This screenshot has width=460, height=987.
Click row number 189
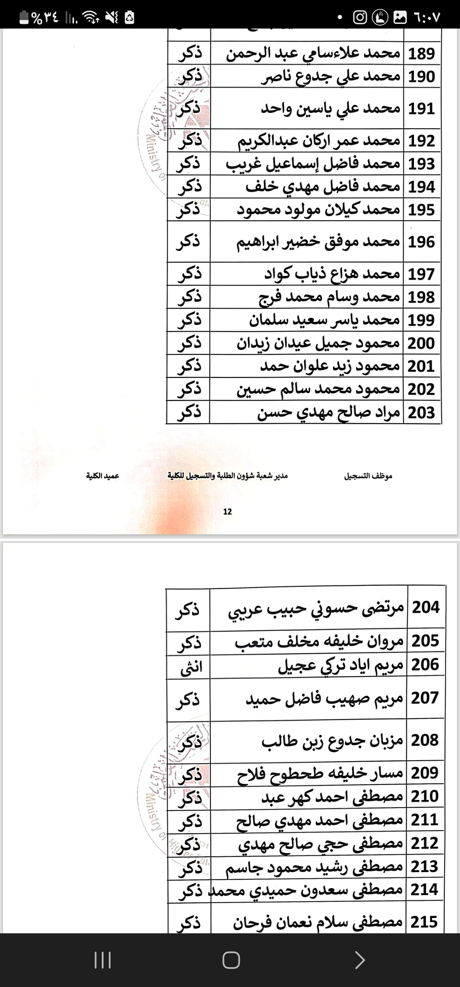point(422,54)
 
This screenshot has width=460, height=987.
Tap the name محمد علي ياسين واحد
point(331,109)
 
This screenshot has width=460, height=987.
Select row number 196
point(422,242)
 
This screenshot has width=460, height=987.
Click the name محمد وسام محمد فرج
point(329,297)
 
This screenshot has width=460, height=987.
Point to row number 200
point(421,343)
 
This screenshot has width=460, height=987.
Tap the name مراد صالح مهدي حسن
point(329,413)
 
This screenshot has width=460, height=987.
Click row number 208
point(425,740)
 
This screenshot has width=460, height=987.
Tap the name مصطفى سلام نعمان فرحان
point(318,922)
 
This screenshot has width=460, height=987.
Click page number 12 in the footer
point(227,511)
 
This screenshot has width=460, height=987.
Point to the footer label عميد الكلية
point(102,476)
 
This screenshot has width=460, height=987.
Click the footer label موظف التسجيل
point(368,476)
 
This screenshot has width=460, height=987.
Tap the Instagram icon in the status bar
point(360,17)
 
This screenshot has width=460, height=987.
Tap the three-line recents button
point(102,961)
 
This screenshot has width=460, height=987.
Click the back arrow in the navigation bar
point(360,961)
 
